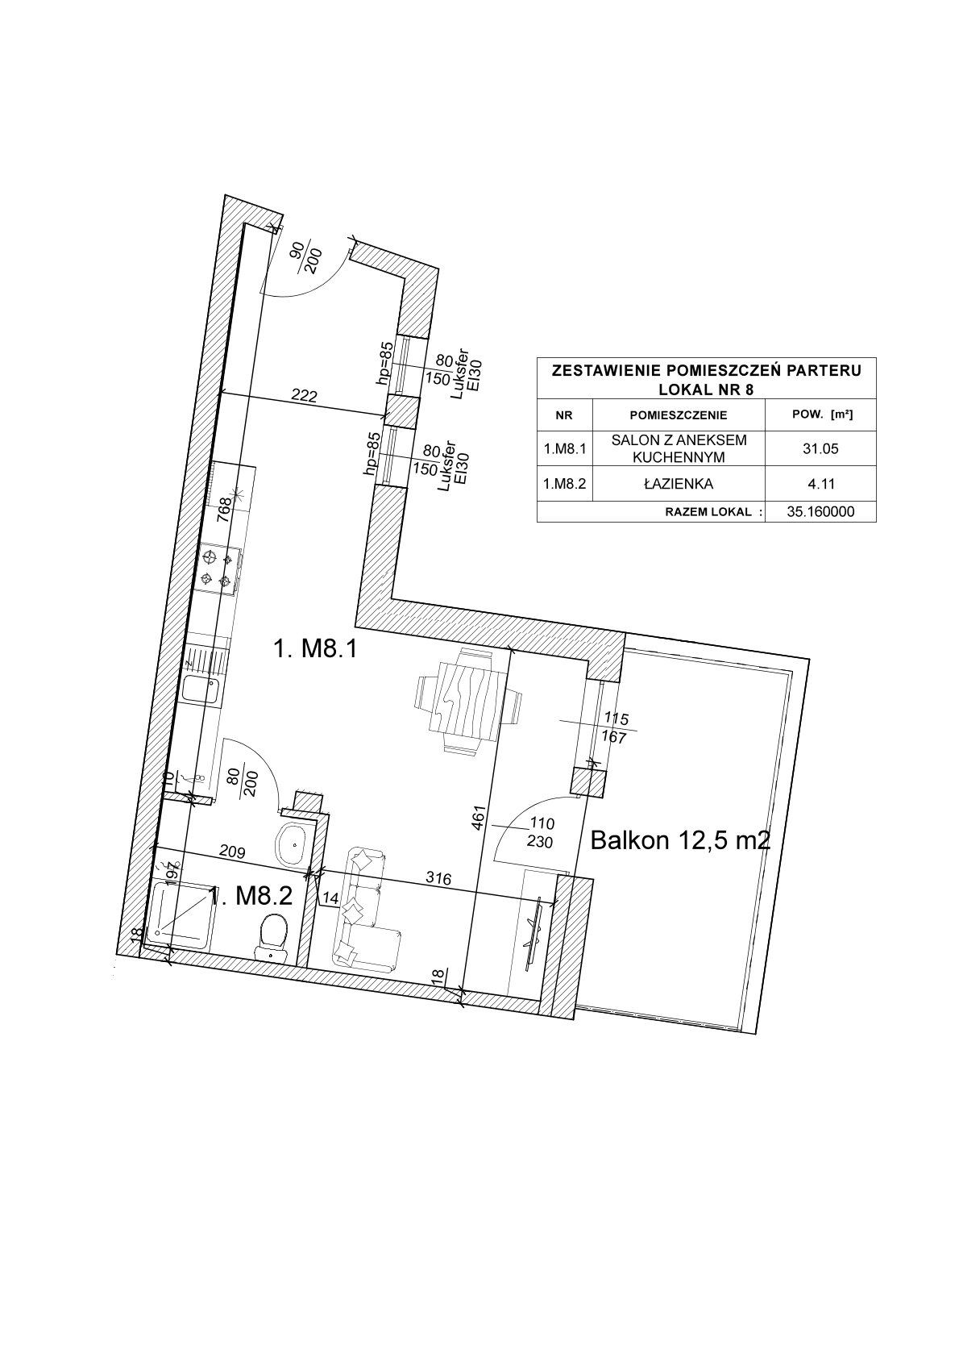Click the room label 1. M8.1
[x=316, y=649]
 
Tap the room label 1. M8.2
[x=251, y=896]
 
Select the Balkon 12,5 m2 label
[x=680, y=841]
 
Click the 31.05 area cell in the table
[x=820, y=448]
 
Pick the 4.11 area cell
[x=820, y=483]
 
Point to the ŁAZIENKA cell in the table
[x=679, y=484]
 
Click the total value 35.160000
[x=821, y=512]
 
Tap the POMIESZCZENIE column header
[x=679, y=415]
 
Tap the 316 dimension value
[x=438, y=877]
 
